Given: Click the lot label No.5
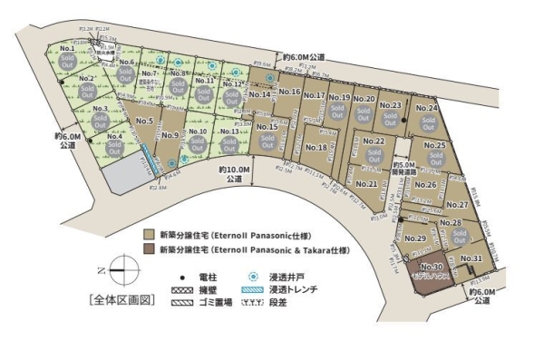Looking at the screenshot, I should point(143,121).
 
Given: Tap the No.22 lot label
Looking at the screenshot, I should point(375,141).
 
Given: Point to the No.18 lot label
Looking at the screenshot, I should point(316,147).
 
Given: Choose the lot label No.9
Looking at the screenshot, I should point(170,135).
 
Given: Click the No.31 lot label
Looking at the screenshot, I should point(471,259).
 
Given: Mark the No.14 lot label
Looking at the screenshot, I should point(259,94).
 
